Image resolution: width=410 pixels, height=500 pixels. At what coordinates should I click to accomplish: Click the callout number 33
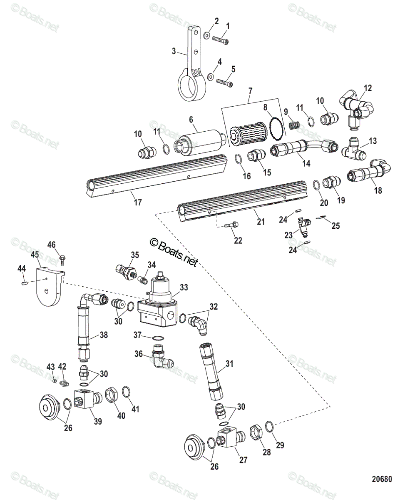tap(184, 287)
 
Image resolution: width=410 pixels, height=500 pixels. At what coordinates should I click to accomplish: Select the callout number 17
tap(137, 202)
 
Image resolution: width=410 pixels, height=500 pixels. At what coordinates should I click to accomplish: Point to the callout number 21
tap(261, 222)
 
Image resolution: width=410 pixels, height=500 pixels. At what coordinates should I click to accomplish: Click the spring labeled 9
tap(295, 124)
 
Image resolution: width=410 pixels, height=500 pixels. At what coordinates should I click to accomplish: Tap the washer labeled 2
tap(207, 35)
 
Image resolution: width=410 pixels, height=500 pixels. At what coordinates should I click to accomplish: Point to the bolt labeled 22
tap(230, 225)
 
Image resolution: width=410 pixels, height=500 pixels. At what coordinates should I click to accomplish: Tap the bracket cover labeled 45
tap(49, 287)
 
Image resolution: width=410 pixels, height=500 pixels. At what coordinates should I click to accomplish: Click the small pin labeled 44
tap(24, 284)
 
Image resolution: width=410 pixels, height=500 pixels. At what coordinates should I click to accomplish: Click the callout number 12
tap(368, 88)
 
